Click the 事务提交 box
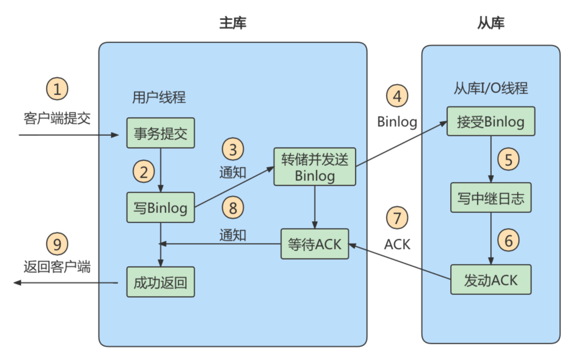point(160,133)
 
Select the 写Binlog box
point(160,208)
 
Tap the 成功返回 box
point(160,282)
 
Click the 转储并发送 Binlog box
point(315,167)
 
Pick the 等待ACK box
point(315,244)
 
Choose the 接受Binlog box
point(491,122)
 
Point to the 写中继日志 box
point(491,198)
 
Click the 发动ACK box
point(491,280)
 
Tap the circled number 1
point(57,89)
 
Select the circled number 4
point(397,96)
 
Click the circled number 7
point(397,218)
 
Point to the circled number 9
point(57,244)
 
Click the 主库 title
point(233,23)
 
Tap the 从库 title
point(491,23)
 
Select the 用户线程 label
point(159,97)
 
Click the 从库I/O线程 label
point(491,88)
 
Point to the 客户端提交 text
point(57,118)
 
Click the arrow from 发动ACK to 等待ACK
point(400,262)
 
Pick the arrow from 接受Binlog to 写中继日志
point(491,159)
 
